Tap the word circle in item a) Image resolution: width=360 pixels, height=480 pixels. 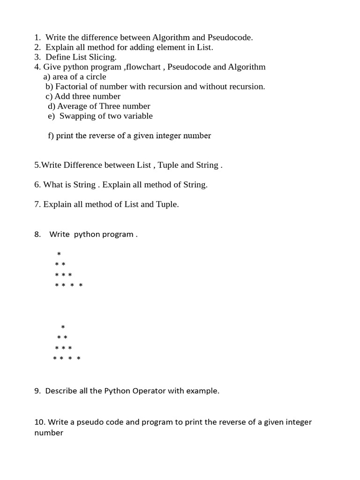click(95, 77)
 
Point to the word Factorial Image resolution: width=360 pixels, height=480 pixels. click(72, 87)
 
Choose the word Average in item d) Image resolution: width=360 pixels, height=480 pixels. click(72, 106)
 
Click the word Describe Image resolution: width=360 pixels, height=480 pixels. click(61, 391)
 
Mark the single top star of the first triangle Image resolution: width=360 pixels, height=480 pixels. click(59, 255)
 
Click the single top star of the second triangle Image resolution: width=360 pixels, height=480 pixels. click(63, 327)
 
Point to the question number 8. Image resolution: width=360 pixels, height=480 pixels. click(37, 234)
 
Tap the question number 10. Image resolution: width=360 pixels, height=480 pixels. click(40, 422)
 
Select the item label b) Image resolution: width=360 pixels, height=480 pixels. click(49, 87)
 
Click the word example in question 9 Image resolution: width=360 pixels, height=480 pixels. click(203, 391)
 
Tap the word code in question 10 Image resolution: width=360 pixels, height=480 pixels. click(113, 422)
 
